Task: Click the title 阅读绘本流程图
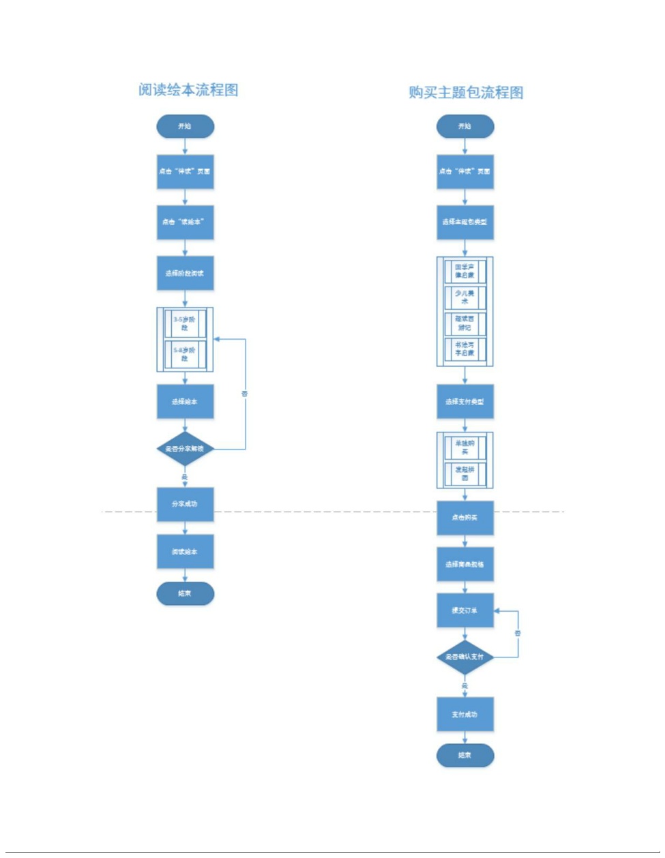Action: click(x=188, y=90)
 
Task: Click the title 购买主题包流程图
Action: click(x=466, y=93)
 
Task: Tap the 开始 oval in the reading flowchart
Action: click(x=185, y=126)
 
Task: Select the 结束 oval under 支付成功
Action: click(x=464, y=755)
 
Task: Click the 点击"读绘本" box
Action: click(x=185, y=222)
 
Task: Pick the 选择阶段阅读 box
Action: click(x=185, y=273)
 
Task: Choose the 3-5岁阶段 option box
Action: click(x=185, y=323)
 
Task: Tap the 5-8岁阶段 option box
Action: click(x=185, y=354)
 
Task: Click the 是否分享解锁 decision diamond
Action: click(x=185, y=449)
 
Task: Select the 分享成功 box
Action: click(x=185, y=504)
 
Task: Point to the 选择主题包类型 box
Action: click(x=464, y=222)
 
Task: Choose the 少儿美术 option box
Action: click(x=464, y=297)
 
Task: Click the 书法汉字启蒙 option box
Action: click(x=464, y=349)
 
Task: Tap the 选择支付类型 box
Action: click(x=464, y=402)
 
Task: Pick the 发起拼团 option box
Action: click(x=464, y=473)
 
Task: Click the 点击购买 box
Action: click(x=464, y=518)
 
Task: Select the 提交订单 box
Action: click(x=464, y=610)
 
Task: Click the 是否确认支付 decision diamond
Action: click(x=464, y=657)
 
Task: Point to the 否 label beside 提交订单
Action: click(x=518, y=634)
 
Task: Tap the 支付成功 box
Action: click(x=464, y=715)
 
